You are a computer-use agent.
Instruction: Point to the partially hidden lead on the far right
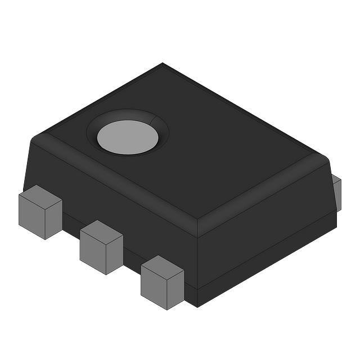(x=337, y=192)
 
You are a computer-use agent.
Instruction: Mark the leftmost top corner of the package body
(x=34, y=137)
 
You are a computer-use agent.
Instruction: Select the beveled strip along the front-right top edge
(x=264, y=197)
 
